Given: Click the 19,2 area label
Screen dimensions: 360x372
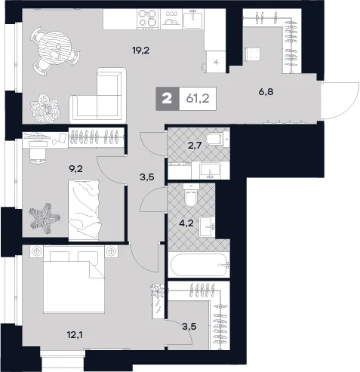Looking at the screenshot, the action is tap(141, 51).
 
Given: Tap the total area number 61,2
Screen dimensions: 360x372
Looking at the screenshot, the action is tap(198, 99).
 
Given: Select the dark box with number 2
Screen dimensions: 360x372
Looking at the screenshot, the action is tap(168, 99).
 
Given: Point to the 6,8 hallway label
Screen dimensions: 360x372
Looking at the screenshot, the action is tap(266, 92).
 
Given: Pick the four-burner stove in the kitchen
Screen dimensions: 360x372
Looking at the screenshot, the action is tap(147, 18).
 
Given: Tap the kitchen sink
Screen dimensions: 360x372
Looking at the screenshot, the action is tap(192, 20).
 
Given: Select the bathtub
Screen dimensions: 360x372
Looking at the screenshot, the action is tap(199, 265).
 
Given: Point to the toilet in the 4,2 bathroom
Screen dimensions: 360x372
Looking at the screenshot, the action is tap(191, 195).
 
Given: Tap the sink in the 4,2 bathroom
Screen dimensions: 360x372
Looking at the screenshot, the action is tap(208, 227).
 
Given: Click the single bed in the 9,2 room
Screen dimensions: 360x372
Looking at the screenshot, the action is tap(85, 209).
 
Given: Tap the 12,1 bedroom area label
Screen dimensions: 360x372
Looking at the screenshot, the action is tap(75, 335).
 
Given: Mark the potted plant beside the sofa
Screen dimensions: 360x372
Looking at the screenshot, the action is tap(45, 108).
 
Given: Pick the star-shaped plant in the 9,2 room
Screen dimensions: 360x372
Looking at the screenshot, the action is tap(45, 218).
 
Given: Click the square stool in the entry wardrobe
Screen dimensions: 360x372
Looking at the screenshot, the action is tap(252, 54).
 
